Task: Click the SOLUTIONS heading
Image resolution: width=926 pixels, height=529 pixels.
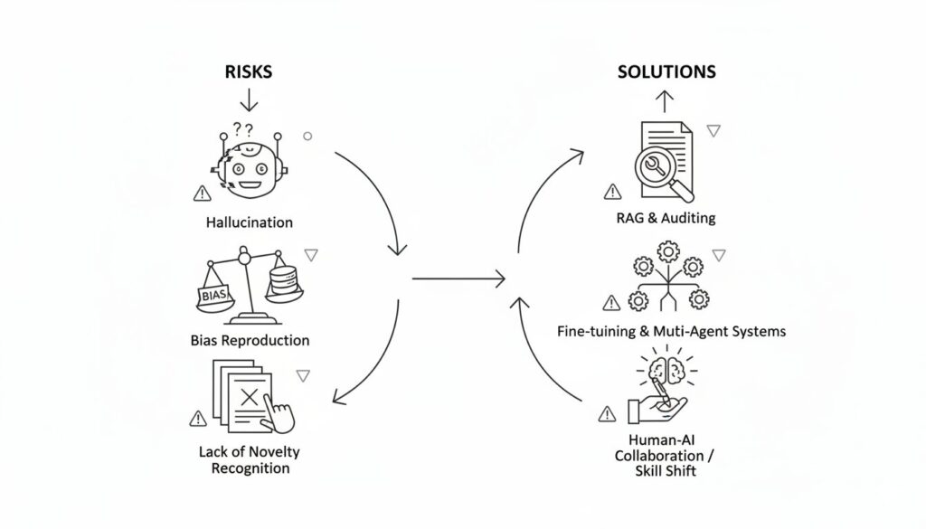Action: [x=666, y=71]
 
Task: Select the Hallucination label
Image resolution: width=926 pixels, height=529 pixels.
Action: [x=250, y=222]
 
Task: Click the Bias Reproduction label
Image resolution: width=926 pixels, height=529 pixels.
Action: [x=250, y=341]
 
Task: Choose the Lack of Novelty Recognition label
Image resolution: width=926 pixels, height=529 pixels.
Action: [x=250, y=459]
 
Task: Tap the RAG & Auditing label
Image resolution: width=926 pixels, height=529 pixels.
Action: [x=665, y=218]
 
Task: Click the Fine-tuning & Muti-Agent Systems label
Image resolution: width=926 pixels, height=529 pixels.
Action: [x=671, y=331]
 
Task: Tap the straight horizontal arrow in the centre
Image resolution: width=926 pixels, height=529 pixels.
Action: [x=458, y=278]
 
